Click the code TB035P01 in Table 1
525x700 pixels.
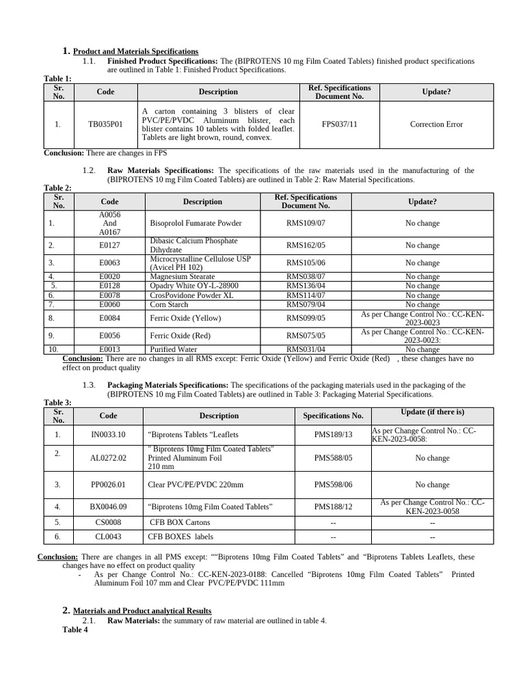pyautogui.click(x=105, y=124)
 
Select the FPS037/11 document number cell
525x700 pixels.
pyautogui.click(x=339, y=124)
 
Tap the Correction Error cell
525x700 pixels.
pyautogui.click(x=436, y=124)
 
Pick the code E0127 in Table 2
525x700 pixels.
pyautogui.click(x=109, y=245)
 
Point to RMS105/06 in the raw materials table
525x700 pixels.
pyautogui.click(x=306, y=263)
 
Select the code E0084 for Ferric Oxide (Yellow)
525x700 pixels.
pyautogui.click(x=109, y=318)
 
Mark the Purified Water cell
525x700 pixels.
pyautogui.click(x=172, y=349)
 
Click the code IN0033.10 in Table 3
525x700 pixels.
pyautogui.click(x=108, y=435)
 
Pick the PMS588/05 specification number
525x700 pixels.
pyautogui.click(x=333, y=458)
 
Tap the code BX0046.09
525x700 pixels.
pyautogui.click(x=108, y=507)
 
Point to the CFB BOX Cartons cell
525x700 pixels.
pyautogui.click(x=180, y=522)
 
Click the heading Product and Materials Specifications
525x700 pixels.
pyautogui.click(x=135, y=51)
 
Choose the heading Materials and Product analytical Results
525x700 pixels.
pyautogui.click(x=142, y=610)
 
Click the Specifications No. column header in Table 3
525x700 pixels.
pyautogui.click(x=333, y=416)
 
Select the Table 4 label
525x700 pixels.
pyautogui.click(x=75, y=630)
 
